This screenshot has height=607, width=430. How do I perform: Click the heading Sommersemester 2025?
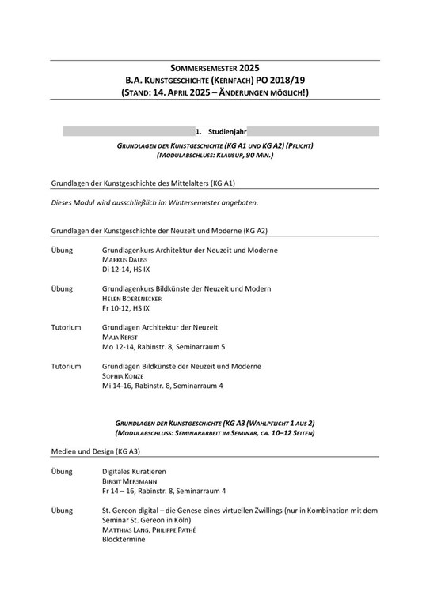click(x=214, y=68)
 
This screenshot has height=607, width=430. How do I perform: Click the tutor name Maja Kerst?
click(x=120, y=337)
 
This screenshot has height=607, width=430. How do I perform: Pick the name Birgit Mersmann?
click(x=130, y=481)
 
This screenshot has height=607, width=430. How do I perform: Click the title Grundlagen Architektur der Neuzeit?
click(x=160, y=327)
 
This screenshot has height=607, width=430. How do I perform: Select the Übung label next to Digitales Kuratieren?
click(x=62, y=471)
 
